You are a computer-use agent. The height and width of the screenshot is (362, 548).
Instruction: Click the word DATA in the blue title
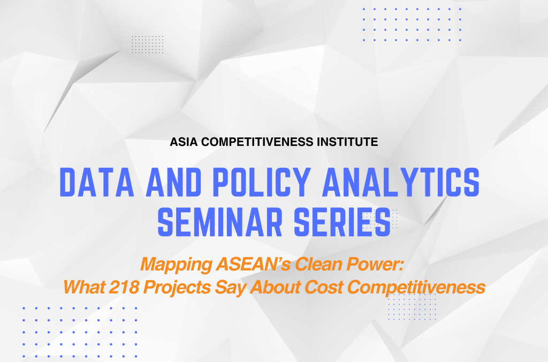[97, 182]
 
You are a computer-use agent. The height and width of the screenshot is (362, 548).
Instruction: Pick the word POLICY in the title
[262, 182]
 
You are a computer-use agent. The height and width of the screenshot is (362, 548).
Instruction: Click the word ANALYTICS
[401, 182]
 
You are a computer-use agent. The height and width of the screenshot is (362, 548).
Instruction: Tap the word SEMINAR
[220, 222]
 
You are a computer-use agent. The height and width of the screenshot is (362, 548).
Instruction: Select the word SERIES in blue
[342, 222]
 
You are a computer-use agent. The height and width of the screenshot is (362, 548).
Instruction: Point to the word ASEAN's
[253, 264]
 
